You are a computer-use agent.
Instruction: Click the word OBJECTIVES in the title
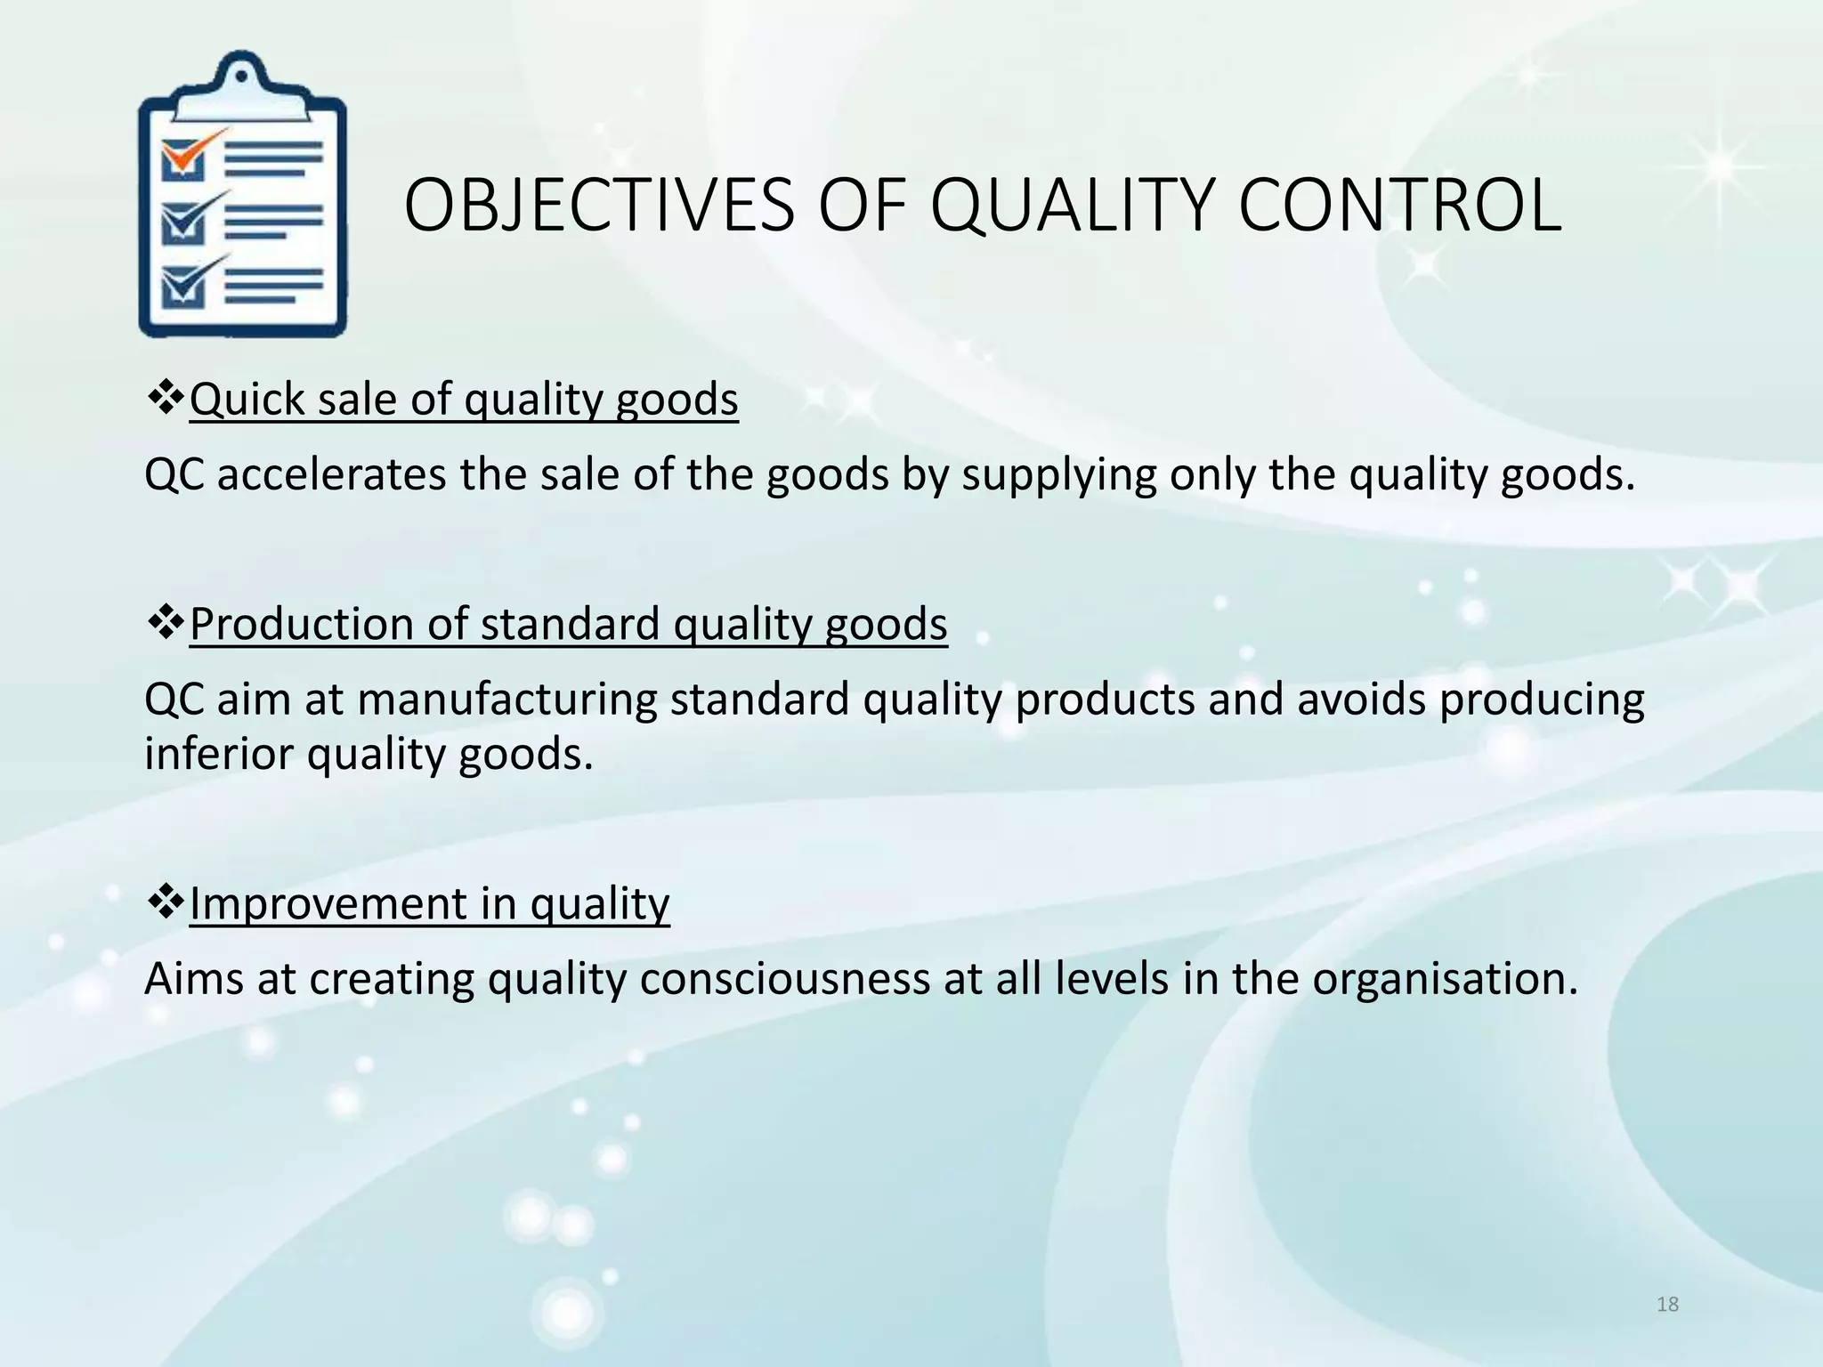[x=598, y=206]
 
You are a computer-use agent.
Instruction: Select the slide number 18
[x=1667, y=1305]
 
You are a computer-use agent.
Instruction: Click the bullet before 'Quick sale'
[x=165, y=397]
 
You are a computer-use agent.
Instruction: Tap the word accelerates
[x=331, y=474]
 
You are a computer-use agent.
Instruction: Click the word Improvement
[x=328, y=904]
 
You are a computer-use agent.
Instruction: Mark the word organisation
[x=1444, y=980]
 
